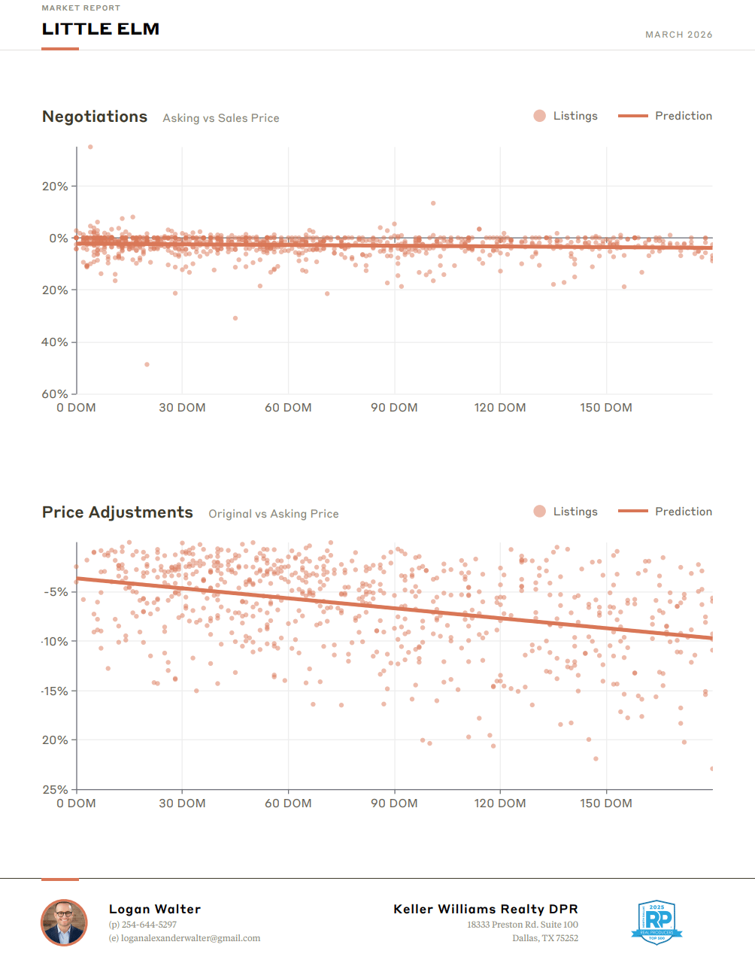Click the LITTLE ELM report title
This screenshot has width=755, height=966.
pos(100,29)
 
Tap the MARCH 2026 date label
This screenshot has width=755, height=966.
pos(678,35)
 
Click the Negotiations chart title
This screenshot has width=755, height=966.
pos(95,117)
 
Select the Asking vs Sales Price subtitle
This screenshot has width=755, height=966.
pos(221,118)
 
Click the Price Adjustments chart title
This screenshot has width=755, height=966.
pos(117,512)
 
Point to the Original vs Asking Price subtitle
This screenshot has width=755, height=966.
pos(274,514)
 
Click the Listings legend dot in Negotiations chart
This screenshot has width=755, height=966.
pos(539,116)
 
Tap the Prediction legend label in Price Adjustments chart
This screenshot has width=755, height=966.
pos(683,512)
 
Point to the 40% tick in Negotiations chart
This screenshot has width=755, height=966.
pos(55,342)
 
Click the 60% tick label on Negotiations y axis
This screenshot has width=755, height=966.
pos(55,393)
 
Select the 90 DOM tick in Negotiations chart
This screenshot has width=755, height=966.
pos(394,408)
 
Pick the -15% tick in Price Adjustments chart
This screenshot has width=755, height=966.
pos(55,691)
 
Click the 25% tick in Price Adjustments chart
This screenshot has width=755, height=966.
pos(55,789)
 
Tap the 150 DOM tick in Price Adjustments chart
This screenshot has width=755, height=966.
pos(605,803)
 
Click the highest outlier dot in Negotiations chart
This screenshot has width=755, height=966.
pos(90,147)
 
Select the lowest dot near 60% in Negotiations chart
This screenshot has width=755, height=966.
pos(147,364)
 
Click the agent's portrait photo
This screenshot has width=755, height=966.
pos(64,922)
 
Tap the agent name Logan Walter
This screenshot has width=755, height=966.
pos(155,909)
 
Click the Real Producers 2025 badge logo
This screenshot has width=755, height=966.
pos(656,922)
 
